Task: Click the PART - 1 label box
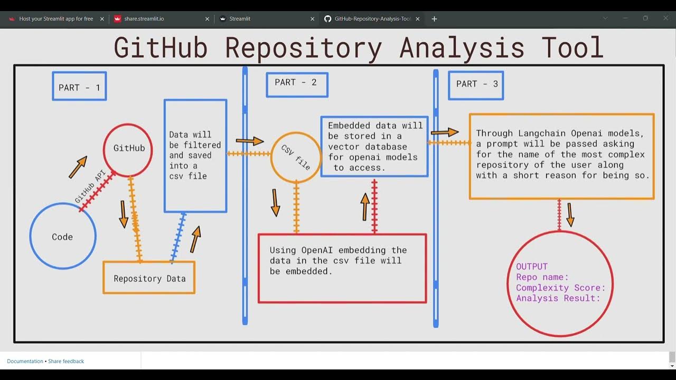coord(79,87)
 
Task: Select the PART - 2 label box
coord(296,84)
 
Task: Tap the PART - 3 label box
coord(476,85)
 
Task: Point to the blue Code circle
coord(62,237)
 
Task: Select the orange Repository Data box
coord(149,278)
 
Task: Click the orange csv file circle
coord(296,157)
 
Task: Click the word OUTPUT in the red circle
coord(532,267)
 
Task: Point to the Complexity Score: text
coord(560,288)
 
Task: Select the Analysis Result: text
coord(558,298)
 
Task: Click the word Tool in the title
coord(572,47)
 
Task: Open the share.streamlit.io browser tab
coord(144,19)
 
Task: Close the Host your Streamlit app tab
coord(102,19)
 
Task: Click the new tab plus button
coord(434,19)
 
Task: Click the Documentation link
coord(25,362)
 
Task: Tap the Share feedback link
coord(66,362)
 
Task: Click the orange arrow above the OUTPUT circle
coord(570,214)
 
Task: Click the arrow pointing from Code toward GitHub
coord(78,167)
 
